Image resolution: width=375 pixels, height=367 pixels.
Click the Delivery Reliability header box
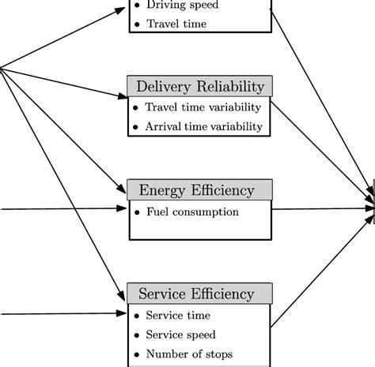200,86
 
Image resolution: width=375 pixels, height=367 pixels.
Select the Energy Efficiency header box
200,190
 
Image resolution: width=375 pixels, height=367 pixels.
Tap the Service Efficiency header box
200,294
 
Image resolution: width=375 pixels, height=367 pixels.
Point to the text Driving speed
182,6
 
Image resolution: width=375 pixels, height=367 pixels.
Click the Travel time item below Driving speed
176,24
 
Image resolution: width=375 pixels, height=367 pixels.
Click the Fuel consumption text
192,212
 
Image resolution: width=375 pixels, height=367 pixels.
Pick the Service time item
179,316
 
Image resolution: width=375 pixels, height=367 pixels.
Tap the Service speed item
180,335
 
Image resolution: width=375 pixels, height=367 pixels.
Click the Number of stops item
189,354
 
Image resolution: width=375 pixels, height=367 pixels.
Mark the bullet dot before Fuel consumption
136,212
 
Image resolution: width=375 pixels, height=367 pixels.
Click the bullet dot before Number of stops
136,354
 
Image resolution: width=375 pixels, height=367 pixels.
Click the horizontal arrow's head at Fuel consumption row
123,209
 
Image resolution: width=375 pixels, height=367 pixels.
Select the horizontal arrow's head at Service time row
123,313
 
